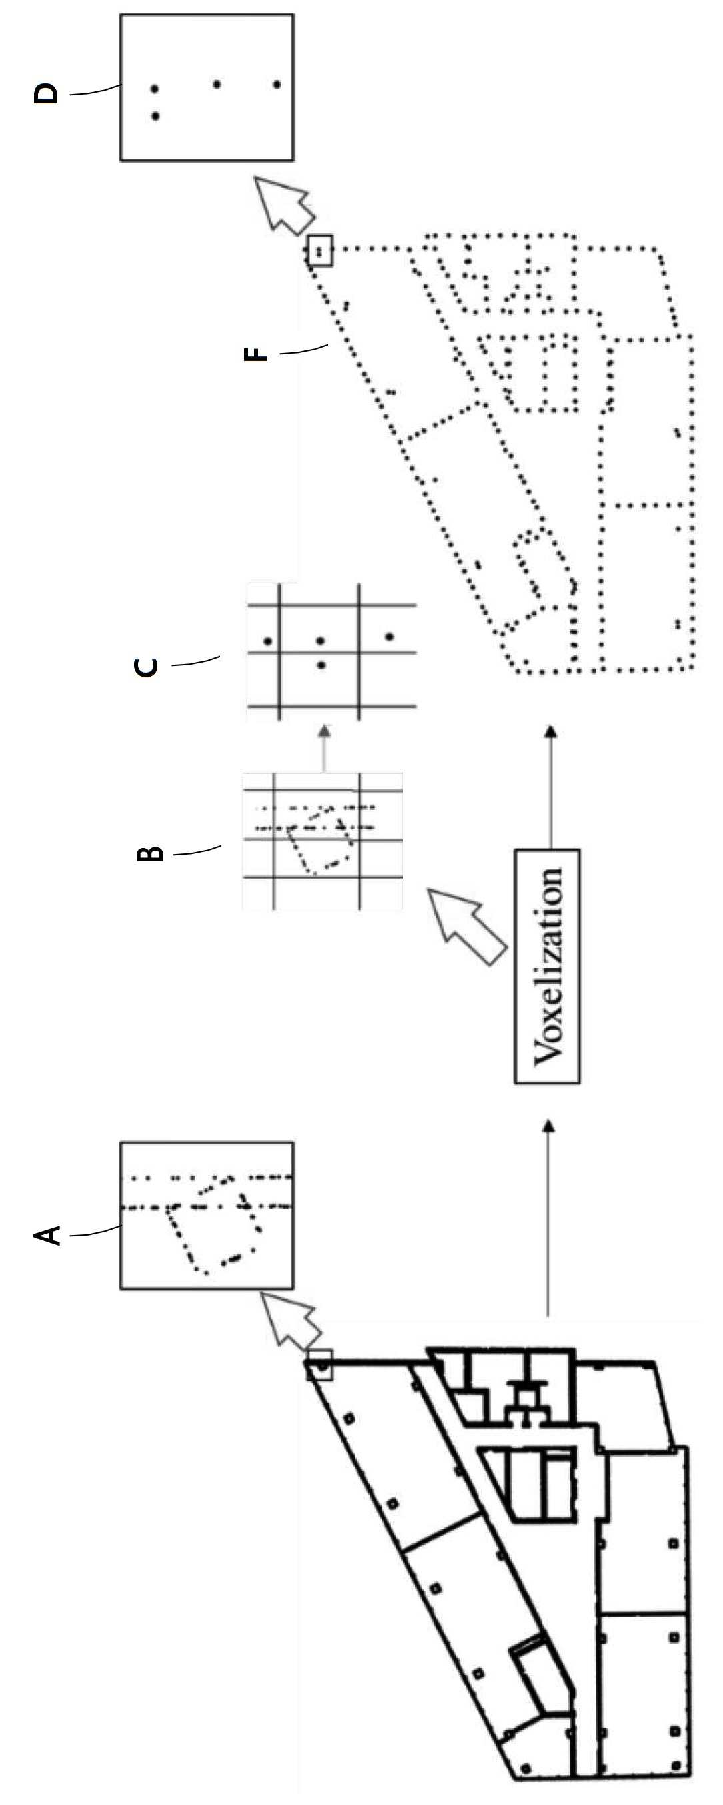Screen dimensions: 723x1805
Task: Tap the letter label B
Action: [149, 854]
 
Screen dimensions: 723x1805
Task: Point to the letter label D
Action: [47, 93]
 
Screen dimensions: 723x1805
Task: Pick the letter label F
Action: [256, 354]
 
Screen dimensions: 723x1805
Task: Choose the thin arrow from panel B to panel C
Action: [323, 748]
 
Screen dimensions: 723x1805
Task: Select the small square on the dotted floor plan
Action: [319, 250]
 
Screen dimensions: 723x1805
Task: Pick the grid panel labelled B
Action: [322, 841]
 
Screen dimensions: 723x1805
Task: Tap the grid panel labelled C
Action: [332, 652]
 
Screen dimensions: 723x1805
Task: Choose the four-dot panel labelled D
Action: [207, 87]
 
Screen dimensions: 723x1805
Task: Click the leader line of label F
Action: [304, 349]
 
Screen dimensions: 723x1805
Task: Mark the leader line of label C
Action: [195, 661]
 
